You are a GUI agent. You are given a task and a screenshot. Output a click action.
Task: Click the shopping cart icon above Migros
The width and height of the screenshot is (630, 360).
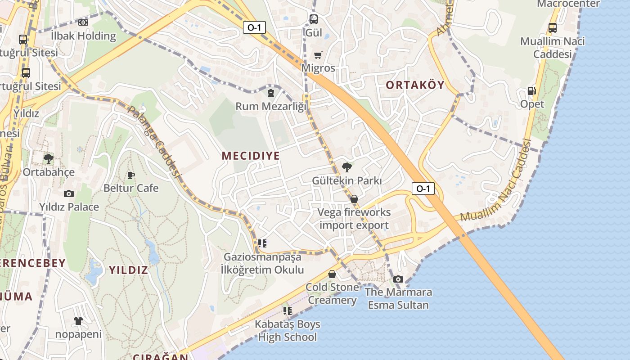318,55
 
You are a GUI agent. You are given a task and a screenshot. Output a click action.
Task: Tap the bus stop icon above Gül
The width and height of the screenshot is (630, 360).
314,19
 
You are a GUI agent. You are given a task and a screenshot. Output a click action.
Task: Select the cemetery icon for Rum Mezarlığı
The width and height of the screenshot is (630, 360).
270,93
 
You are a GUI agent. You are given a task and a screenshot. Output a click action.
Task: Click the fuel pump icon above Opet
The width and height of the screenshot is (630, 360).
531,90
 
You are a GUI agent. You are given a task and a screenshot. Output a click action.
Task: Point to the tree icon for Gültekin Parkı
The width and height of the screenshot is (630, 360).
346,167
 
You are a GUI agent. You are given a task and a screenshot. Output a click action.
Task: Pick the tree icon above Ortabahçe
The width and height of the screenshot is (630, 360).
48,158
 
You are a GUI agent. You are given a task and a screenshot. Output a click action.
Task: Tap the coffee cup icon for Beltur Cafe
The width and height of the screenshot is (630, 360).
130,175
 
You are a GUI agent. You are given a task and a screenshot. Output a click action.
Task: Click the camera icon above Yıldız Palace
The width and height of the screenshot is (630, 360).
68,193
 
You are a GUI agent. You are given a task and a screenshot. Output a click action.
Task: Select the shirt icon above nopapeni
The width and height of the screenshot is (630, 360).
78,321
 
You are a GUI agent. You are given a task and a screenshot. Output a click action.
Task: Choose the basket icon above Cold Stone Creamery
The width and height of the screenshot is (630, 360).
332,274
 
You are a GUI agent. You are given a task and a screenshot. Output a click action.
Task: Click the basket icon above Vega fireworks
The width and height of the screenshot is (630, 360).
354,198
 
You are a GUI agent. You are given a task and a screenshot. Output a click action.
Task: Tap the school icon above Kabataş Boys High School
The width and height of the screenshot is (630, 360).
288,310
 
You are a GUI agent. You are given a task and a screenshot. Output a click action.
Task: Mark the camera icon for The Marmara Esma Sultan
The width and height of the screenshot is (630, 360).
398,279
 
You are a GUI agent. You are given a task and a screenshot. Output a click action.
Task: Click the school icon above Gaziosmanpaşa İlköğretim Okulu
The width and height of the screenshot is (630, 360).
262,243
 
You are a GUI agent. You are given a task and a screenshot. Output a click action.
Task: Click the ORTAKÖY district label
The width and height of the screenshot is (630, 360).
415,85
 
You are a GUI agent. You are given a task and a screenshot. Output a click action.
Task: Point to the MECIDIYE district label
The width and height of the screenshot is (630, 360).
251,156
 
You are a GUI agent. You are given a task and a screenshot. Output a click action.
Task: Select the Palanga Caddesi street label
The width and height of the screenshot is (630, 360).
154,141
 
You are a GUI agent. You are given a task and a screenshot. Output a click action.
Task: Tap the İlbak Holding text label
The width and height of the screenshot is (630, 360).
83,36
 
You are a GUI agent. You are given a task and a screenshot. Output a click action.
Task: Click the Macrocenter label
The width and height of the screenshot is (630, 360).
568,4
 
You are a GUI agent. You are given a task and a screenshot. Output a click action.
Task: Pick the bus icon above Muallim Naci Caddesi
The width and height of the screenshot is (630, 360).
553,27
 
